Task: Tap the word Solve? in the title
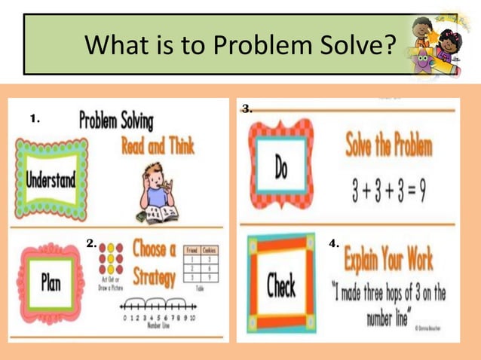click(354, 47)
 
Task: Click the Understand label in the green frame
click(51, 180)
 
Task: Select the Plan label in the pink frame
click(51, 284)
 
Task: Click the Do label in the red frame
click(280, 169)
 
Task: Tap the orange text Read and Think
click(158, 145)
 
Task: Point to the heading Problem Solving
click(116, 121)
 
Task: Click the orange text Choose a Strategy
click(154, 262)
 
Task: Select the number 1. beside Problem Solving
click(35, 118)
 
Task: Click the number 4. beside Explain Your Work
click(334, 244)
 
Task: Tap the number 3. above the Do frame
click(247, 109)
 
